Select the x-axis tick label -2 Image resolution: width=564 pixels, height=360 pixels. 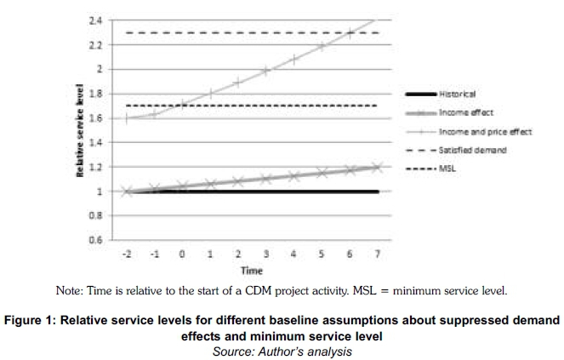pyautogui.click(x=126, y=254)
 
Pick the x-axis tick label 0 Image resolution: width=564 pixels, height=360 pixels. pyautogui.click(x=181, y=254)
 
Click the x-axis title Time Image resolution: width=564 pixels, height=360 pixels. pyautogui.click(x=251, y=271)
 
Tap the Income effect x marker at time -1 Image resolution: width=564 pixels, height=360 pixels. pyautogui.click(x=154, y=188)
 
